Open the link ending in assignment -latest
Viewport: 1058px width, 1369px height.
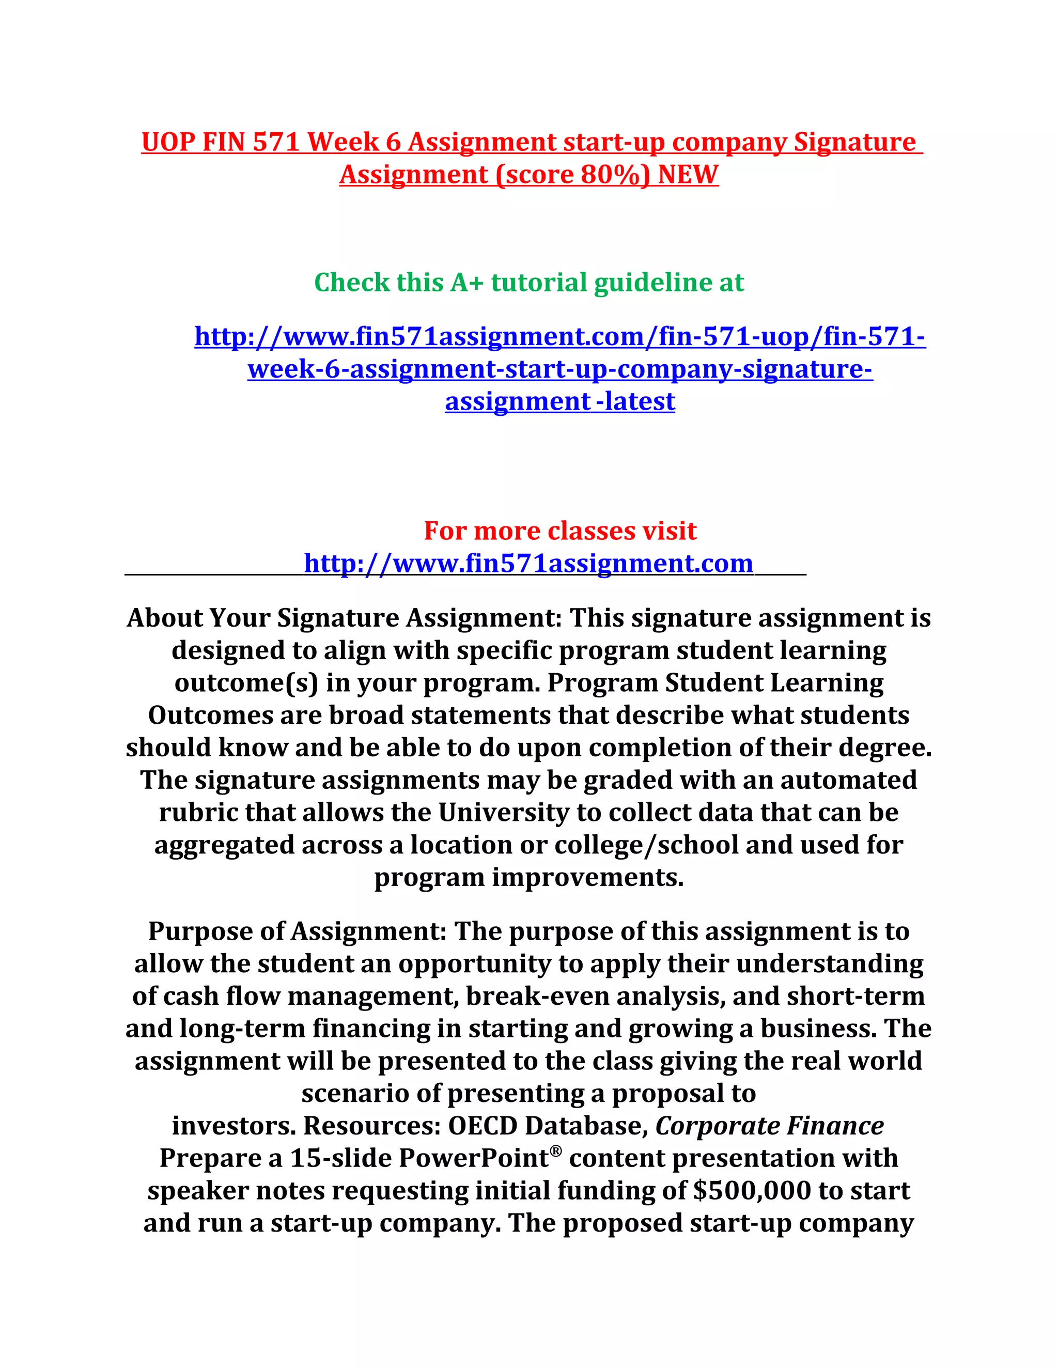click(x=559, y=402)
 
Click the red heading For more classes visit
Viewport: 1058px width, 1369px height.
click(x=559, y=531)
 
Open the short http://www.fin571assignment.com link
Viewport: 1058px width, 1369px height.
click(x=528, y=564)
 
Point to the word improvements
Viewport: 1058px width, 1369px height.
click(x=587, y=878)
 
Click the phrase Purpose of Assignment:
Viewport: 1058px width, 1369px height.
click(x=297, y=931)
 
